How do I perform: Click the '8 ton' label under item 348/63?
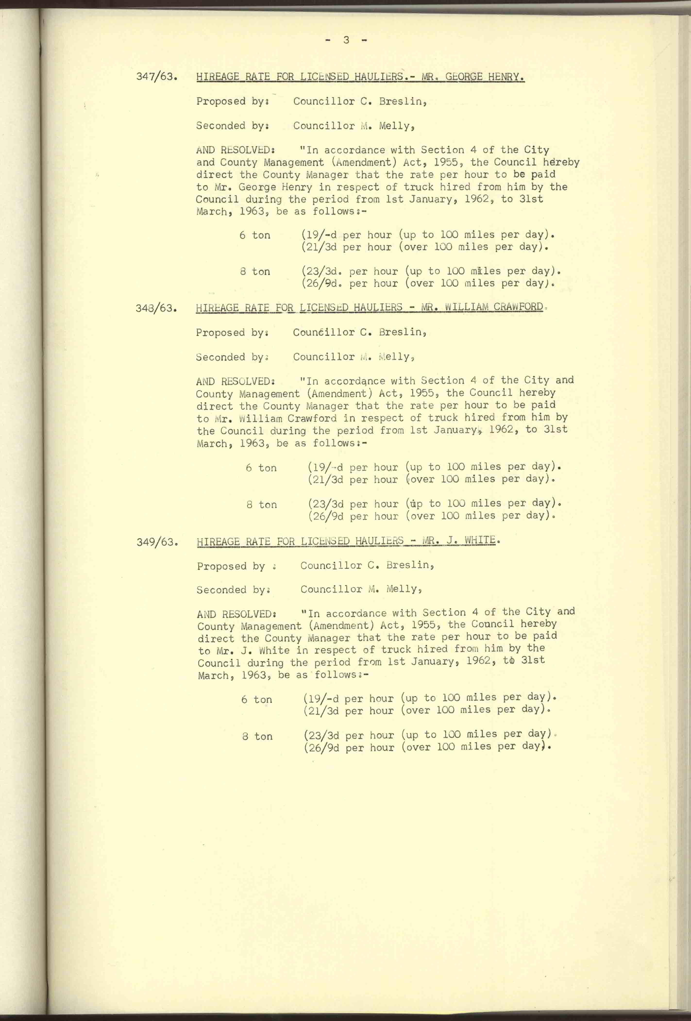tap(262, 505)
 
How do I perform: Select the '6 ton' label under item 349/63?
tap(257, 700)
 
